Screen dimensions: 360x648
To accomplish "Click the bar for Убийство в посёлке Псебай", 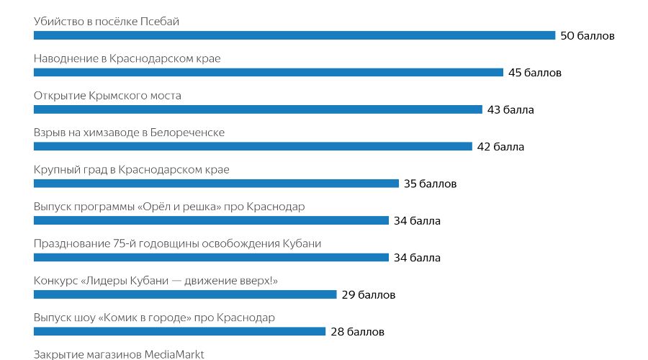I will tap(294, 35).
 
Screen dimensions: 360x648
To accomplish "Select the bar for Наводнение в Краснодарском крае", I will tap(269, 72).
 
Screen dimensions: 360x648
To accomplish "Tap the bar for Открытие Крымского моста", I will tap(258, 109).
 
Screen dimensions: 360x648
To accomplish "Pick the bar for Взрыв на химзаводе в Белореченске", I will tap(253, 146).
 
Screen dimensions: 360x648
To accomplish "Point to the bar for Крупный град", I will tap(216, 184).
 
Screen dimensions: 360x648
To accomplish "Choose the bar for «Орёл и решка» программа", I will tap(211, 220).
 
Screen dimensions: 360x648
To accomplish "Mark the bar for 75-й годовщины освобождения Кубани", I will tap(211, 257).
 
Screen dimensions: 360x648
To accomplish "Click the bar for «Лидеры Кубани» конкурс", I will tap(185, 294).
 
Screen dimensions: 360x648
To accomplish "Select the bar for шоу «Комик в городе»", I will tap(179, 331).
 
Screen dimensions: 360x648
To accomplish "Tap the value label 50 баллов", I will tap(588, 35).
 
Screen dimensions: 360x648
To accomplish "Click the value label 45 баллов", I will tap(534, 73).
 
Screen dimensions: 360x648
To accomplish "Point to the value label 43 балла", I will tap(510, 110).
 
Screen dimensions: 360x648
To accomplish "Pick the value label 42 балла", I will tap(500, 147).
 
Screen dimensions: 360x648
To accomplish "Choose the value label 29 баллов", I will tap(368, 295).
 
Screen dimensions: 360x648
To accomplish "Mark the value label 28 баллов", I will tap(357, 332).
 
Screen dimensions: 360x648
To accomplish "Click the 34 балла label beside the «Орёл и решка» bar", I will tap(417, 221).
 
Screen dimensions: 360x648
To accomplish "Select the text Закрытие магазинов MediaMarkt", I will tap(119, 354).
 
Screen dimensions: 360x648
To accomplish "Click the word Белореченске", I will tap(189, 132).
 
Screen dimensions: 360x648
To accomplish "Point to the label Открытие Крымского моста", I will tap(107, 96).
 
